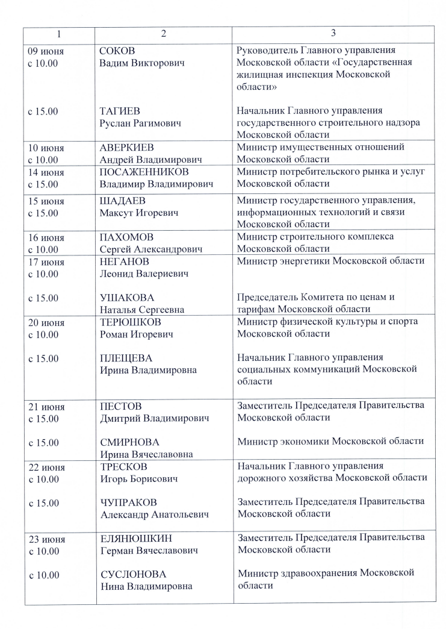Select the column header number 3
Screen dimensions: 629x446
[333, 34]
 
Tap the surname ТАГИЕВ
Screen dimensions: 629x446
[119, 111]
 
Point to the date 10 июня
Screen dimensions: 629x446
[46, 148]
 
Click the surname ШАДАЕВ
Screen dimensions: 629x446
[122, 201]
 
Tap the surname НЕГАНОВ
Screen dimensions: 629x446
[125, 261]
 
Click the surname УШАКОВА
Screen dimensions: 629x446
[126, 298]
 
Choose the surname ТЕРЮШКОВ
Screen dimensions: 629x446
[128, 322]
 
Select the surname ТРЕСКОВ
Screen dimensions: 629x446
[123, 467]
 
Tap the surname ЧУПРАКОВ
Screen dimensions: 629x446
[127, 502]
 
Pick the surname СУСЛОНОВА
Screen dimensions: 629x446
[132, 574]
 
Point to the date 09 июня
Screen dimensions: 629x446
[46, 51]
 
